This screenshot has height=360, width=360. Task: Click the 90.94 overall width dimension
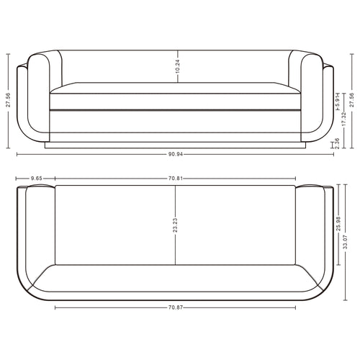click(176, 154)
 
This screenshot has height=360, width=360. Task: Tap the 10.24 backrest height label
click(178, 66)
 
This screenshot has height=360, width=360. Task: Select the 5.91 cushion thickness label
click(338, 102)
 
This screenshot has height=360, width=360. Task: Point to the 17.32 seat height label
click(344, 119)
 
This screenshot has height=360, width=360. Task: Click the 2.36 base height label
click(337, 143)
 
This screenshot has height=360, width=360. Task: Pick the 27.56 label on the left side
click(9, 100)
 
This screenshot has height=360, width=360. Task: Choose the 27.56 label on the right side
click(352, 100)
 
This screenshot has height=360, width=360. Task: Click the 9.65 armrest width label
click(37, 179)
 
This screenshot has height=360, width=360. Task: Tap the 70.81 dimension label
click(176, 179)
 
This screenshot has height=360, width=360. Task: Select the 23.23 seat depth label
click(175, 225)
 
